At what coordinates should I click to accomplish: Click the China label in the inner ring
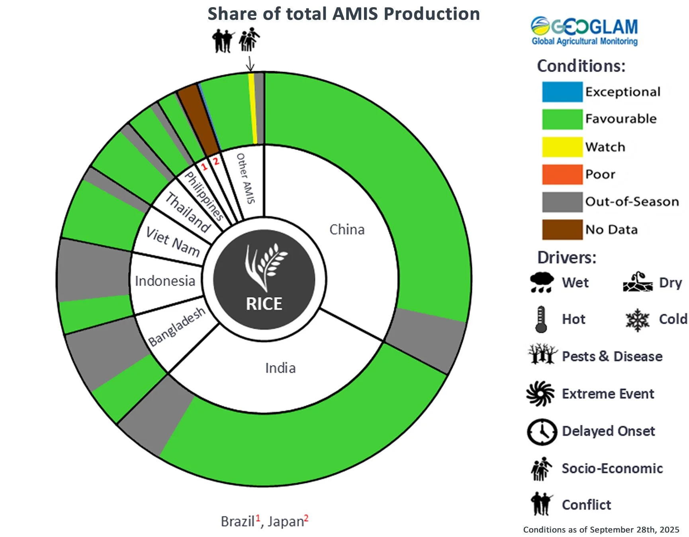coord(347,230)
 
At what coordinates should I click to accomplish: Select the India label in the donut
coord(280,368)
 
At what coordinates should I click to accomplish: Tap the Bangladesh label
coord(177,327)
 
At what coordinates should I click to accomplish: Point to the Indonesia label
coord(165,281)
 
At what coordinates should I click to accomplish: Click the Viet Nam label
coord(173,241)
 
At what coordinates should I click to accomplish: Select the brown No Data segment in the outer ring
coord(198,119)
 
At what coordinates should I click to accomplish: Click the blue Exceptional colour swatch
coord(562,92)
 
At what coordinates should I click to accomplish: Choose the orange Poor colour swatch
coord(562,174)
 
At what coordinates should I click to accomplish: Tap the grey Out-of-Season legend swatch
coord(562,202)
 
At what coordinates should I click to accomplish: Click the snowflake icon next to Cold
coord(637,320)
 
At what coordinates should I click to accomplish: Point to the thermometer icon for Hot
coord(541,319)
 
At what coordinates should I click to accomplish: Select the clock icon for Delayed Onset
coord(542,432)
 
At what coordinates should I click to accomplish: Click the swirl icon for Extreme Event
coord(540,394)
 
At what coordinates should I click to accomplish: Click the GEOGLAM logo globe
coord(540,26)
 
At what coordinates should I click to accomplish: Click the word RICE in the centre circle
coord(264,304)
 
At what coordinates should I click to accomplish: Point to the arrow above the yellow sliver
coord(250,64)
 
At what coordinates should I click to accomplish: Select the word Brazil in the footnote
coord(238,521)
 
